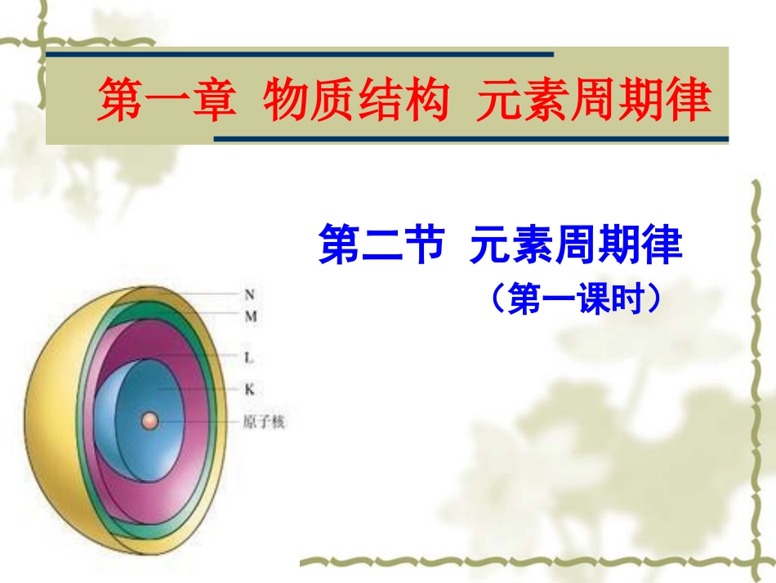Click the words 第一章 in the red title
(167, 101)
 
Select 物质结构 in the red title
(357, 101)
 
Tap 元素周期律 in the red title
(595, 101)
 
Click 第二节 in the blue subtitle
(381, 245)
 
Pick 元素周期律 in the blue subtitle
(576, 245)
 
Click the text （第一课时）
(576, 299)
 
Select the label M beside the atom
(250, 316)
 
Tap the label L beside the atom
(249, 357)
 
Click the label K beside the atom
(249, 389)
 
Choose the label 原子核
(264, 423)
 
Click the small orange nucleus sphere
(149, 421)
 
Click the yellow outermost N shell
(49, 425)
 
